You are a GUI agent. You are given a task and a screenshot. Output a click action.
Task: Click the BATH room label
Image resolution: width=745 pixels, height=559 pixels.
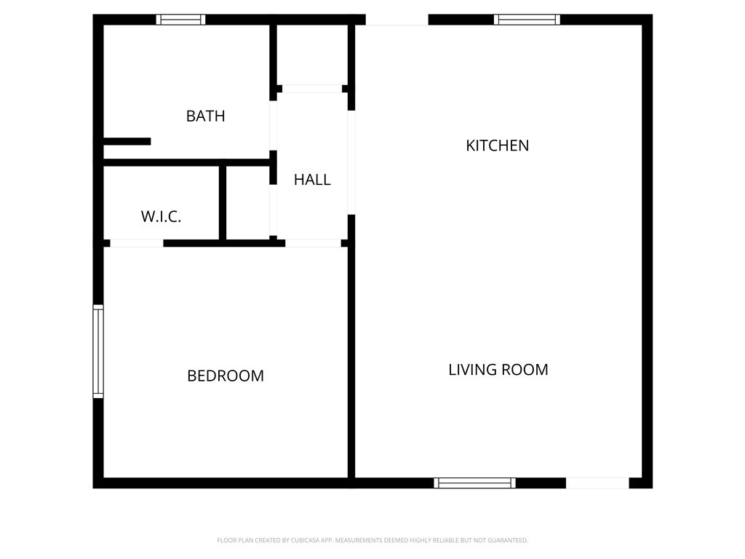205,116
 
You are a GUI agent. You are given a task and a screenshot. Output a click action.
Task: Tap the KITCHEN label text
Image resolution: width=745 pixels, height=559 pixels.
497,146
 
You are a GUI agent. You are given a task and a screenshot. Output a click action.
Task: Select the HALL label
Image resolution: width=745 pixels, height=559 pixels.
312,180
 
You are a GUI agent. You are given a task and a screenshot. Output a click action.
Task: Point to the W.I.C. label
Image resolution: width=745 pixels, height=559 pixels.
161,217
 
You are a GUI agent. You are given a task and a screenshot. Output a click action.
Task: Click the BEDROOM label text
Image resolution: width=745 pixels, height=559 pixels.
226,376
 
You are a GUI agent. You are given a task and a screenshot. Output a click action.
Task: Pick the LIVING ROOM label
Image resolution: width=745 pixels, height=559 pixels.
498,370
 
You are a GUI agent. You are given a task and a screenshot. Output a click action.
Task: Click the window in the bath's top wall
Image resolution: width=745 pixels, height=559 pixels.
181,20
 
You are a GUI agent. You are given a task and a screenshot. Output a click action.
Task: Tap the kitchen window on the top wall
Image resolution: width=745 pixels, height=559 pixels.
527,20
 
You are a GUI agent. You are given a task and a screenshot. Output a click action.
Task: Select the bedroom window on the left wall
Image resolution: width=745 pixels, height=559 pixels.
98,352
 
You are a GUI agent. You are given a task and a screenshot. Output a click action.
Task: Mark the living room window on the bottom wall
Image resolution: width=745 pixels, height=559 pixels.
474,483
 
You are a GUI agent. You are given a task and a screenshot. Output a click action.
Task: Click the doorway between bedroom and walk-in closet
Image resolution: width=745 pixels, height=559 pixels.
137,243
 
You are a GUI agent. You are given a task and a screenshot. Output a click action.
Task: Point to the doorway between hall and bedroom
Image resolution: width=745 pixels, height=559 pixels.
313,243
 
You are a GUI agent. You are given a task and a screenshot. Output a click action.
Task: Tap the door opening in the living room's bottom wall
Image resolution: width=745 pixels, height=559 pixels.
597,483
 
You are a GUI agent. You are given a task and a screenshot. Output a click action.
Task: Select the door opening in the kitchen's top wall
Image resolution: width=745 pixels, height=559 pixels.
397,20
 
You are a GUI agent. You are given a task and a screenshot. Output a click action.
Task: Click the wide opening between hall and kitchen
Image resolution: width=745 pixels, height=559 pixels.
351,162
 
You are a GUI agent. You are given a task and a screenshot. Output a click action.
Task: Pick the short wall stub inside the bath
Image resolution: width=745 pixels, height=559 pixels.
127,141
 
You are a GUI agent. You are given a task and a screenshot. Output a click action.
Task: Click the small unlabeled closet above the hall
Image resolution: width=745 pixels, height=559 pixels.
312,55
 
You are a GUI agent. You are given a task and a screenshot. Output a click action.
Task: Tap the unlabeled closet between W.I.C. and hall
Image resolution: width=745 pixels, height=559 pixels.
248,203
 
